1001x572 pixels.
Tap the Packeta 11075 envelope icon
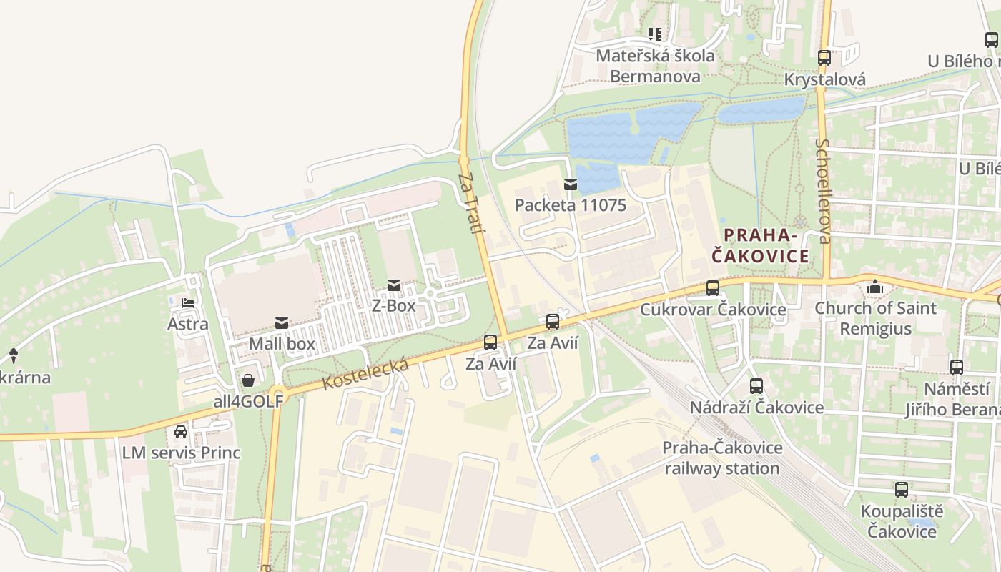(x=571, y=184)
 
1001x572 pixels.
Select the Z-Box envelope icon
(x=393, y=286)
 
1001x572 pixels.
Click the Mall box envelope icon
(x=282, y=324)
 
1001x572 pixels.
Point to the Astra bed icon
(x=188, y=304)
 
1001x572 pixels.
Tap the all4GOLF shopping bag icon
(x=248, y=380)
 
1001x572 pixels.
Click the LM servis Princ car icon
(x=181, y=432)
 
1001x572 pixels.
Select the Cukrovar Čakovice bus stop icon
(x=712, y=288)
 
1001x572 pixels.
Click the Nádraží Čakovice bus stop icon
(x=756, y=386)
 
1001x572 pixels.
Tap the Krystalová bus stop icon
(x=824, y=58)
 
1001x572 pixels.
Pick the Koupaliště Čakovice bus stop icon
(x=902, y=490)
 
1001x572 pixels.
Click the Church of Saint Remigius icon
(x=874, y=287)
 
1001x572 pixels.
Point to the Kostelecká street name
(x=365, y=374)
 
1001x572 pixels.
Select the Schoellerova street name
(x=823, y=191)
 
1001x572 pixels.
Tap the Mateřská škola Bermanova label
(x=655, y=66)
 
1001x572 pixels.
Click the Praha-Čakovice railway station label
(x=721, y=458)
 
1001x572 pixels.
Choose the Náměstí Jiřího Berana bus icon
(x=957, y=368)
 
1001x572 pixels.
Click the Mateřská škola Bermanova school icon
(x=654, y=34)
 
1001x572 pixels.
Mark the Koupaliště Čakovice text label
(x=902, y=521)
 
